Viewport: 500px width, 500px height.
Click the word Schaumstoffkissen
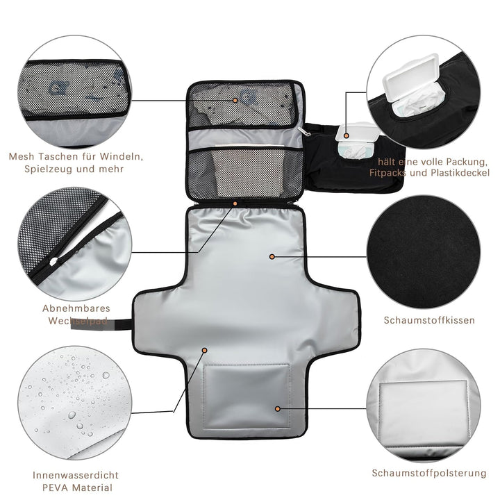point(429,320)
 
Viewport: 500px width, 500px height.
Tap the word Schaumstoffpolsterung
point(429,473)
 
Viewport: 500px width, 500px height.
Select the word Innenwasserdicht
point(76,475)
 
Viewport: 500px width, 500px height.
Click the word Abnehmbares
point(76,308)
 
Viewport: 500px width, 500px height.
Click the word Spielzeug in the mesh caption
point(49,169)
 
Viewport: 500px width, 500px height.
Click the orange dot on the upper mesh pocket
point(235,100)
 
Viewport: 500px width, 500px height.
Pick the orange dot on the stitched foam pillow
point(278,409)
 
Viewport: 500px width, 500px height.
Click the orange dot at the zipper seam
point(235,203)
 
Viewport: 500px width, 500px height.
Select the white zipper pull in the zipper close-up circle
point(53,261)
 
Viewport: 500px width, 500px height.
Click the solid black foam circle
point(424,252)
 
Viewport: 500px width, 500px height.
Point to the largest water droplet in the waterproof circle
point(72,415)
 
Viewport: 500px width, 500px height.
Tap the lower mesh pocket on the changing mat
point(246,174)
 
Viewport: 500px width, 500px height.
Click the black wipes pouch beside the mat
point(354,158)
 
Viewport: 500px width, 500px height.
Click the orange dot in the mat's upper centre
point(272,256)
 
